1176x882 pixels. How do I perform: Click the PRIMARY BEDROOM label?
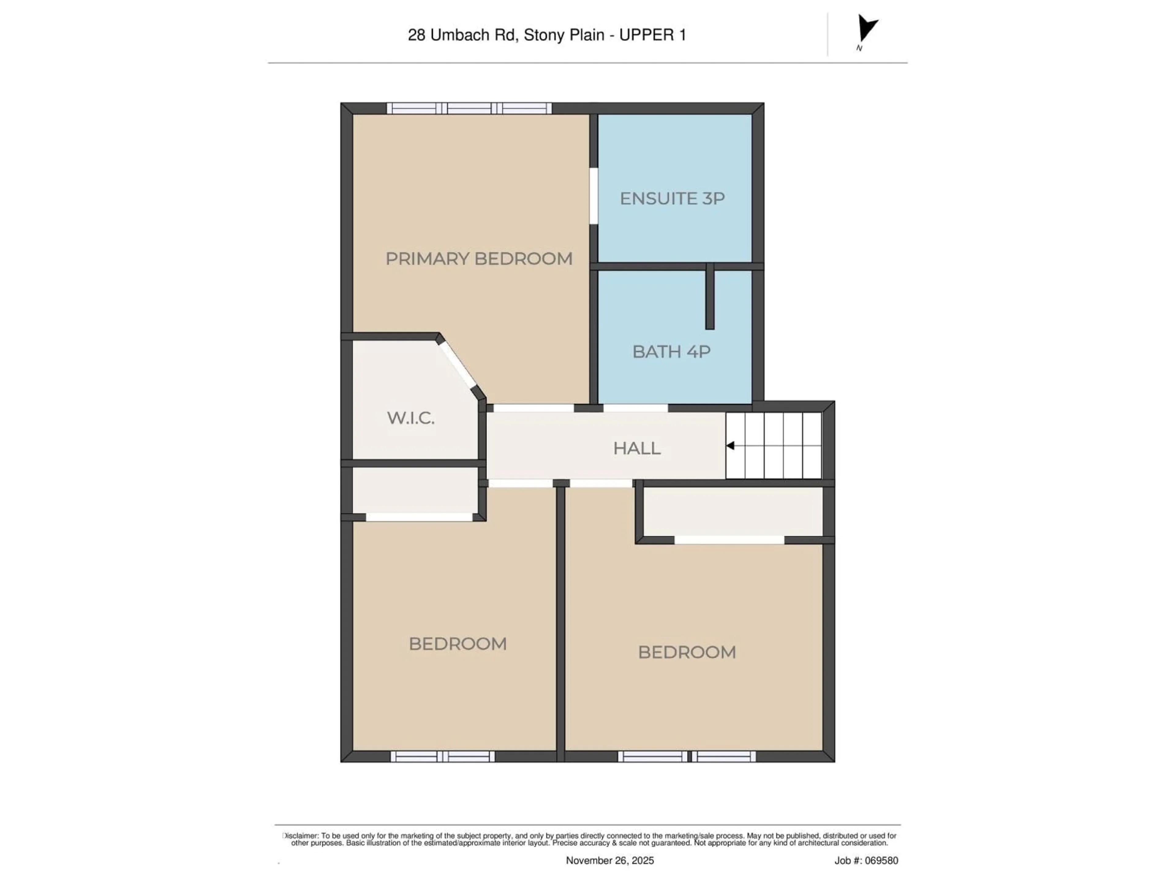(x=478, y=259)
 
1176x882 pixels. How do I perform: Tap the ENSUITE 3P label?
(x=672, y=199)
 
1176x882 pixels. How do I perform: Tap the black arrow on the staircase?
(x=730, y=446)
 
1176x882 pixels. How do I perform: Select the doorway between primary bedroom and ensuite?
(x=593, y=196)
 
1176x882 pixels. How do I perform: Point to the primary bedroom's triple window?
(x=469, y=108)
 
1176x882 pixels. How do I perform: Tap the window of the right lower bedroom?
(x=686, y=756)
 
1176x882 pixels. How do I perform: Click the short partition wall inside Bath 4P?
(x=709, y=297)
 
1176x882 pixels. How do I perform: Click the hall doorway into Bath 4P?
(x=635, y=408)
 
